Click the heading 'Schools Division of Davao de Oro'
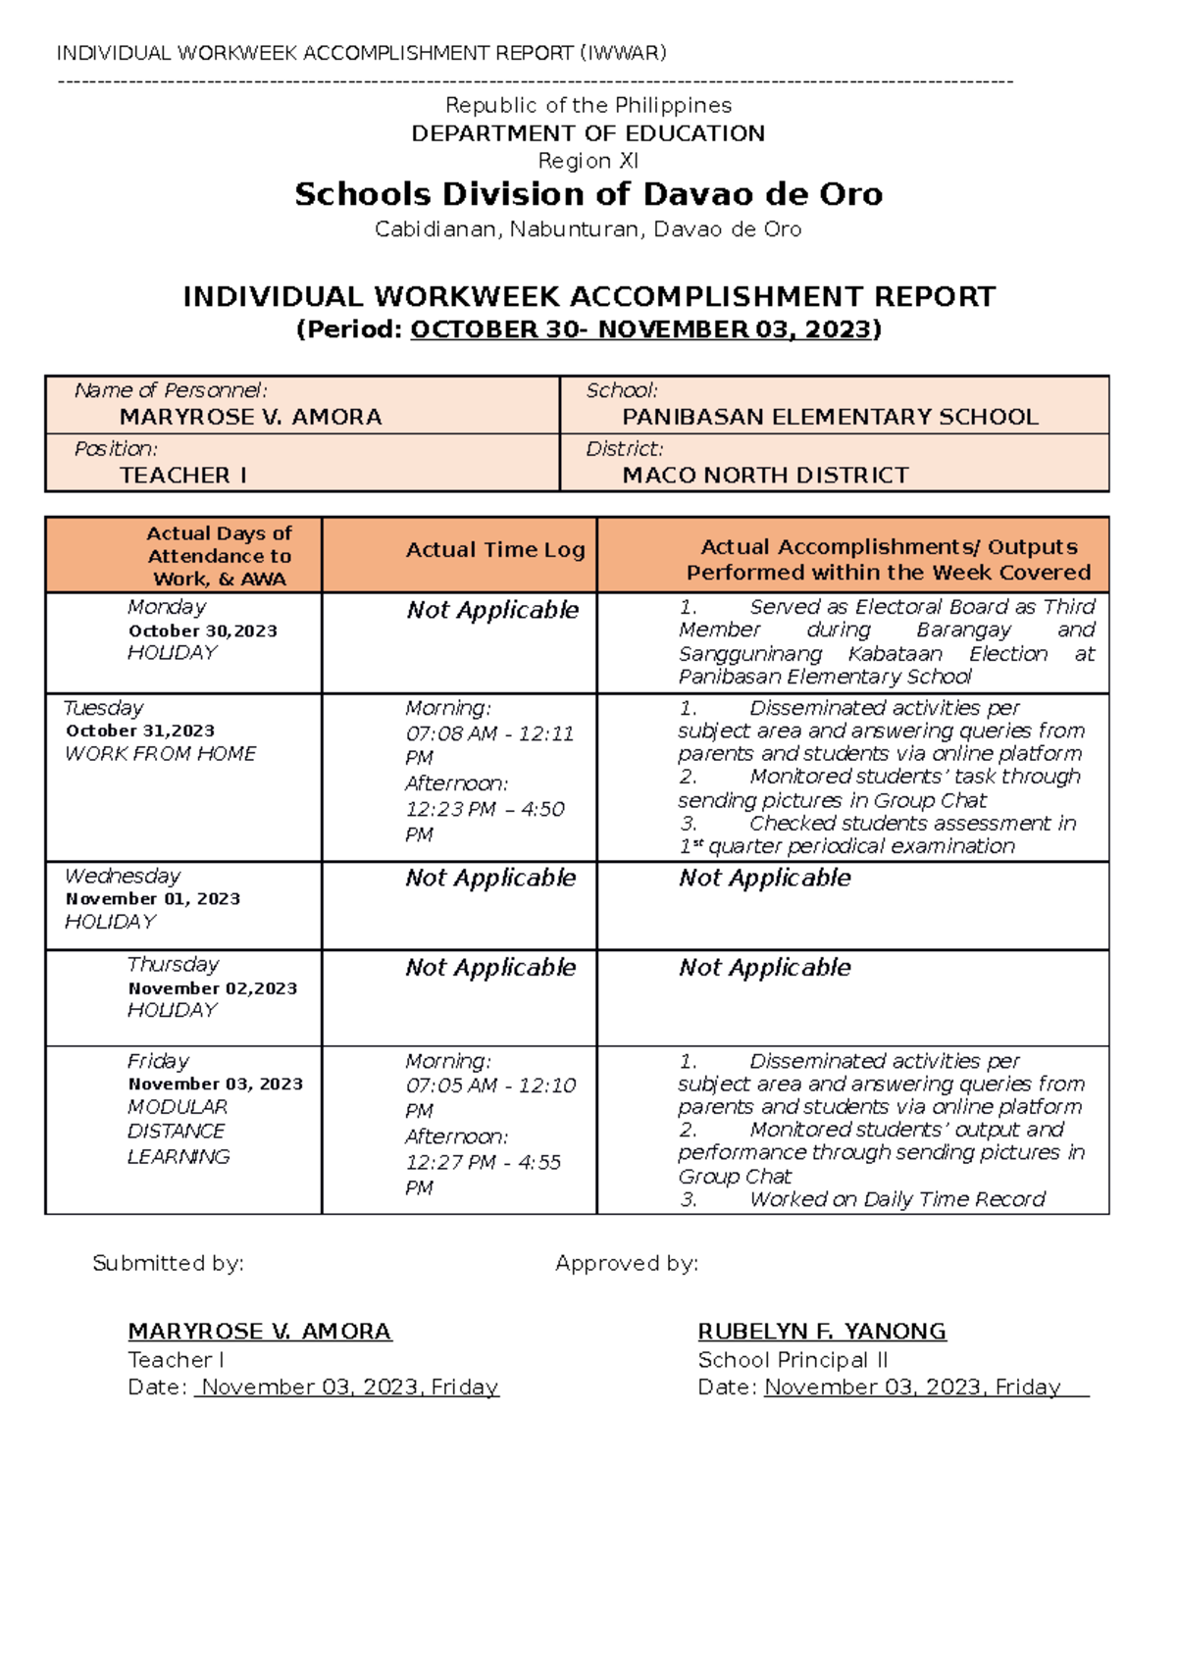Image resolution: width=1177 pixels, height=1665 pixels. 588,194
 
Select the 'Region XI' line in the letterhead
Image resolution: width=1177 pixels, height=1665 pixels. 588,161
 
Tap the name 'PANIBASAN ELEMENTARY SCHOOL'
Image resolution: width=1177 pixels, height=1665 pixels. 830,417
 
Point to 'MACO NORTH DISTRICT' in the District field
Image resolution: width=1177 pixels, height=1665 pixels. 765,476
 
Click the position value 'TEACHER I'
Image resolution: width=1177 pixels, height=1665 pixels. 183,476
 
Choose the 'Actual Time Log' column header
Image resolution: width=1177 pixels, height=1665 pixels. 495,550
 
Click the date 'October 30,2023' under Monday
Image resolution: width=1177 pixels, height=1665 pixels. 203,631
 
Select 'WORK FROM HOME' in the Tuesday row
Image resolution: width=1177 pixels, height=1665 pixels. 160,754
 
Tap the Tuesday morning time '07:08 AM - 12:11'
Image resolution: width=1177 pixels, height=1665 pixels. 489,733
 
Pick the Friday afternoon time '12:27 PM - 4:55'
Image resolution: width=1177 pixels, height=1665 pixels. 484,1162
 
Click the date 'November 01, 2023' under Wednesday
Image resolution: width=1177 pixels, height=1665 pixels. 153,898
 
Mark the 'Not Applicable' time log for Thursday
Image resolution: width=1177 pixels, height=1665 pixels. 490,968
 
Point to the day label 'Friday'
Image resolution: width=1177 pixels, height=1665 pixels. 158,1061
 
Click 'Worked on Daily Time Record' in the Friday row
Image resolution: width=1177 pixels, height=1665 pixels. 897,1199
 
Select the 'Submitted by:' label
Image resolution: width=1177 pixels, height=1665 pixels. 168,1263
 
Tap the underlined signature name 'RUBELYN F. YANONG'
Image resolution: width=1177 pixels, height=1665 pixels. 822,1332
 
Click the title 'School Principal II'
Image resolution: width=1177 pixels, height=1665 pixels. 793,1360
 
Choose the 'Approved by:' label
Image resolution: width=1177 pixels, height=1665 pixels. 627,1263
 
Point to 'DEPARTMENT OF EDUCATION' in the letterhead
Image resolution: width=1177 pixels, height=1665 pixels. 588,133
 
